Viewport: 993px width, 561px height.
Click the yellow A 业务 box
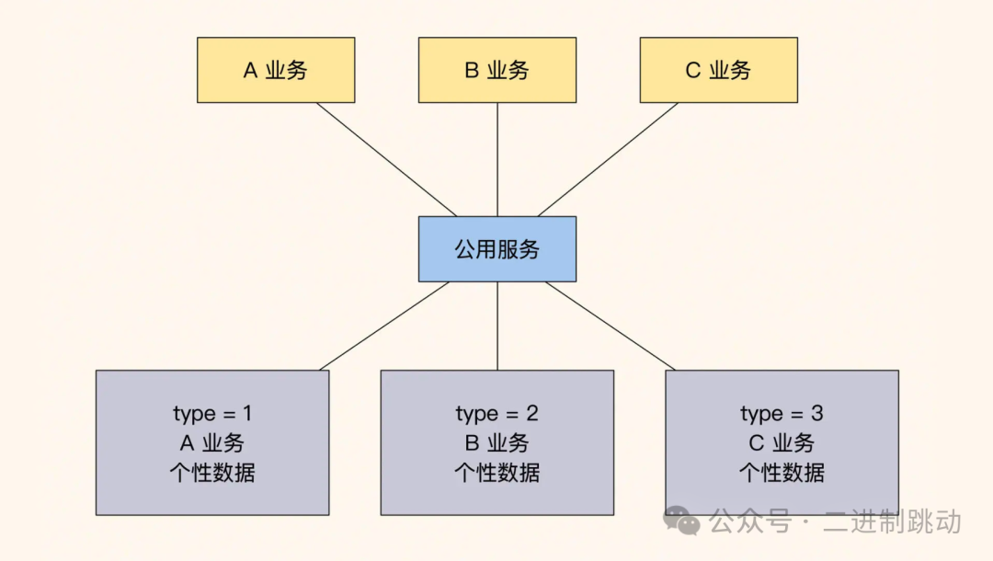coord(276,70)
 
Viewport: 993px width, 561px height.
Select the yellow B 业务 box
coord(497,70)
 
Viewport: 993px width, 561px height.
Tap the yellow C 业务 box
coord(718,70)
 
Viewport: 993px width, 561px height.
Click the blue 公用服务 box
coord(497,249)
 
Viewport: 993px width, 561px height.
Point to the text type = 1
coord(212,414)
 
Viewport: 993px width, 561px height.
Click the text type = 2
coord(497,414)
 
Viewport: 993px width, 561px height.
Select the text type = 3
coord(782,414)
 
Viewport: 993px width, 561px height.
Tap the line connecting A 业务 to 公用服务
coord(386,159)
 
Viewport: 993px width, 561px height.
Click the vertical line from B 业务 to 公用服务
coord(497,159)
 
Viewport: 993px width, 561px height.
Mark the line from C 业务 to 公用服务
coord(608,159)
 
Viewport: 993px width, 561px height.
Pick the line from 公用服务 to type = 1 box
coord(384,326)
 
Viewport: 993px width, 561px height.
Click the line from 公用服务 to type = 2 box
coord(497,326)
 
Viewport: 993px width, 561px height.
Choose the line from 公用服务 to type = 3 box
coord(611,326)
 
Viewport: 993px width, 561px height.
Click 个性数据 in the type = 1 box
coord(212,473)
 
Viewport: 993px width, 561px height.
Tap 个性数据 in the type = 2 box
coord(497,473)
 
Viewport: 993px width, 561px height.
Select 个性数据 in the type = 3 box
coord(782,473)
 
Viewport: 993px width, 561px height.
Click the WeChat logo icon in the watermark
coord(682,521)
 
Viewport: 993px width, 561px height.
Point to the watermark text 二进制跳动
coord(892,521)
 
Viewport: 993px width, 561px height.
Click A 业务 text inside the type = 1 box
coord(212,443)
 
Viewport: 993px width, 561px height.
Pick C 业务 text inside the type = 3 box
coord(782,443)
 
